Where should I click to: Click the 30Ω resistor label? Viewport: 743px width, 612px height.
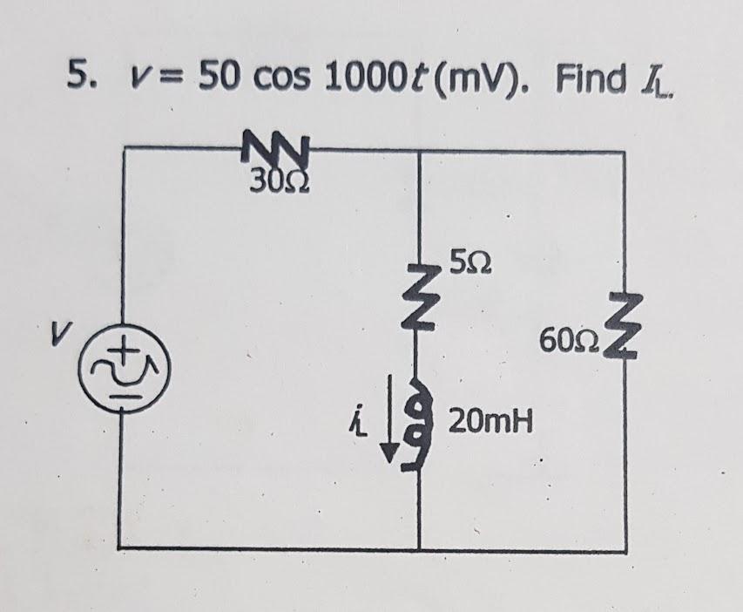tap(273, 182)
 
